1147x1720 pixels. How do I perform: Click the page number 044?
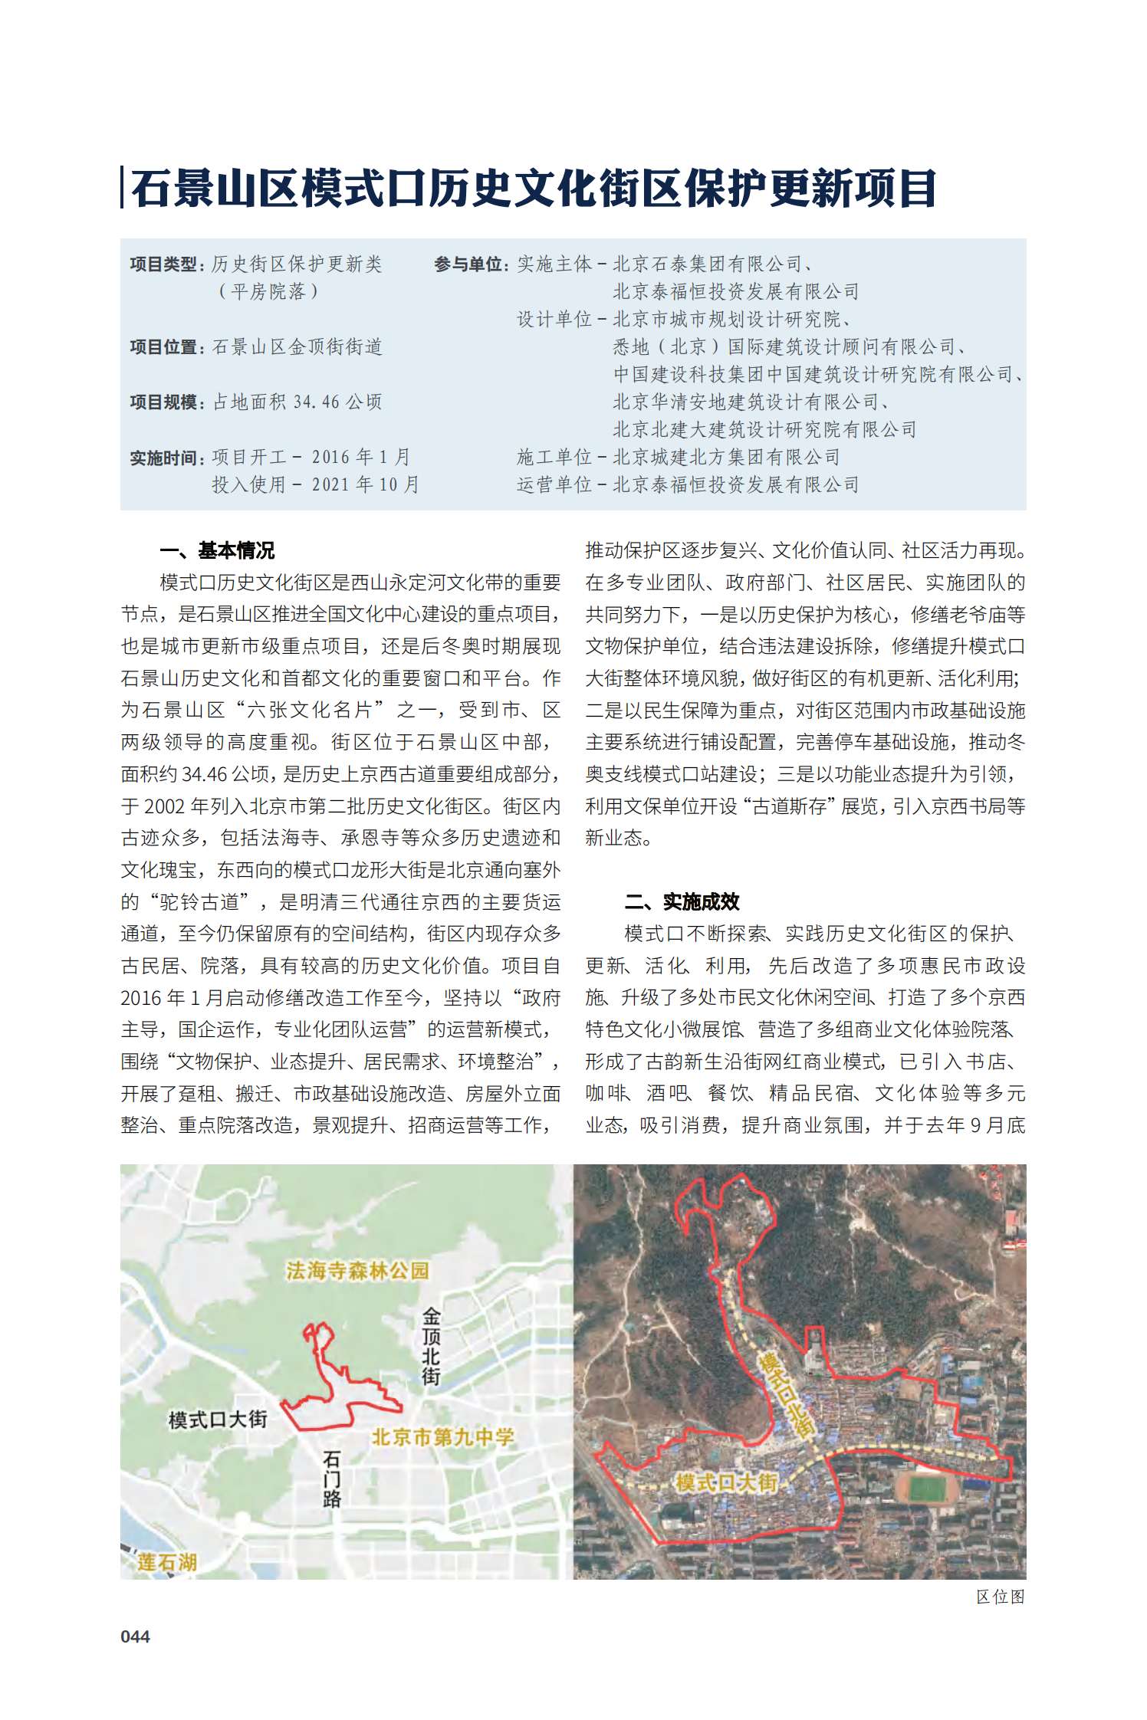coord(135,1636)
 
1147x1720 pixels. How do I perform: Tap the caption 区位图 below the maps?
coord(1000,1597)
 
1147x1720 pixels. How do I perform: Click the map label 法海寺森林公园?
coord(357,1271)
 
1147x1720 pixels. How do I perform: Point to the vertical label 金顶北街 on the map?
coord(431,1347)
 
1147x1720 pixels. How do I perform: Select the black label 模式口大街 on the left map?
coord(218,1420)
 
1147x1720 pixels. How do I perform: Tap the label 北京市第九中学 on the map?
coord(442,1437)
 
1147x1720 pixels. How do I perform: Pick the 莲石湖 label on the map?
coord(166,1562)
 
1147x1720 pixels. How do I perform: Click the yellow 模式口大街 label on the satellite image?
coord(725,1482)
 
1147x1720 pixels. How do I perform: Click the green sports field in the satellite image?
coord(927,1489)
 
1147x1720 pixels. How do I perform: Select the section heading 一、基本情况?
coord(217,550)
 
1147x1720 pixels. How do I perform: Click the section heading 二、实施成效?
coord(682,901)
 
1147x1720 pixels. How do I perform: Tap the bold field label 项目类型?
coord(163,264)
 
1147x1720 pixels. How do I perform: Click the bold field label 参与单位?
coord(468,264)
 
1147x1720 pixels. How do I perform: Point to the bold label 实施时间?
coord(163,458)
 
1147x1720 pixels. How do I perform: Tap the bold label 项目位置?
coord(163,347)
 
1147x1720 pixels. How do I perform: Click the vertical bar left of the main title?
coord(123,188)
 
